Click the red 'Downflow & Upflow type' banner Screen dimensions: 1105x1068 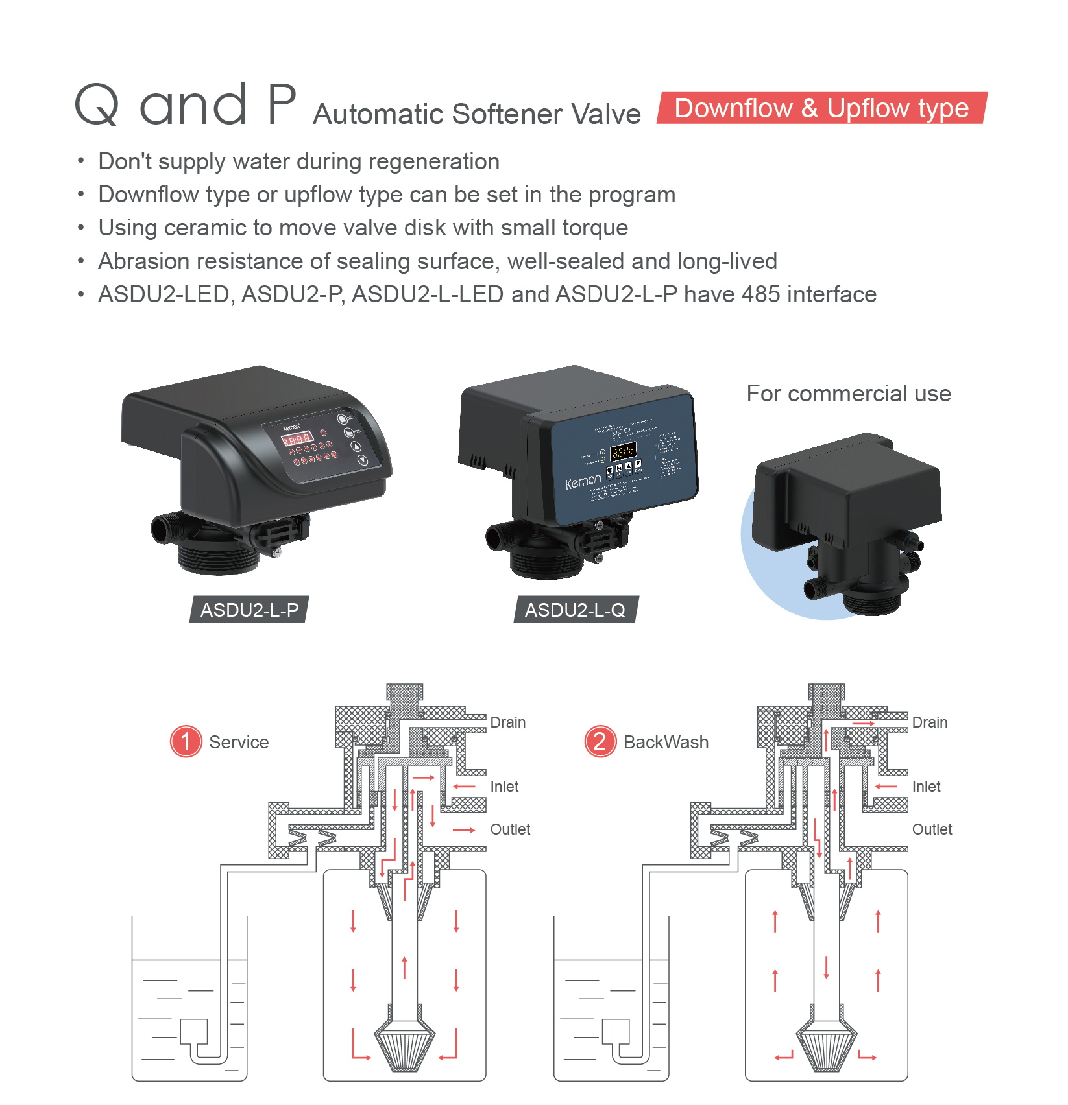pos(821,108)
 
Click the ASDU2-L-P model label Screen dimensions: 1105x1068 pos(249,610)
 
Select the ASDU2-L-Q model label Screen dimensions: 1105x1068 pos(576,610)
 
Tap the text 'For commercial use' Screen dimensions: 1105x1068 pos(849,394)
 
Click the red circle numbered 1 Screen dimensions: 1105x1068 pos(186,741)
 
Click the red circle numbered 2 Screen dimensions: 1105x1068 pos(600,741)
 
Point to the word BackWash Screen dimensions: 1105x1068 pos(666,742)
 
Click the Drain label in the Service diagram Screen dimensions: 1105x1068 pos(507,722)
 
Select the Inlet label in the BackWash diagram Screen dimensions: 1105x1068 pos(926,787)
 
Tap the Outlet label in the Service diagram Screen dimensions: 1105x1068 pos(510,829)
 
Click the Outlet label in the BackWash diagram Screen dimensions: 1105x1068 pos(932,829)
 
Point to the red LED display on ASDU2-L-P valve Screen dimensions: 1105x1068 pos(297,439)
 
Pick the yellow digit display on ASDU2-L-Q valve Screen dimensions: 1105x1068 pos(623,451)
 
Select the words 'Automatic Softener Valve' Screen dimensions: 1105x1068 pos(477,114)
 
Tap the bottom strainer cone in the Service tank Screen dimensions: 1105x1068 pos(405,1045)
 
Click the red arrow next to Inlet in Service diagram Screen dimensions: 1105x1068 pos(465,787)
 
